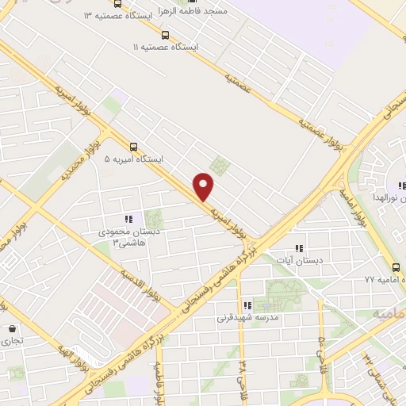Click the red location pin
coord(205,186)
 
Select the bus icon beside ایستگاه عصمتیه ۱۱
coord(165,36)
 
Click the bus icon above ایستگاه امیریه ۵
coord(133,147)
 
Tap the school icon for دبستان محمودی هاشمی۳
coord(128,218)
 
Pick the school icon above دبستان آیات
coord(298,247)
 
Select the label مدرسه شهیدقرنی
coord(247,317)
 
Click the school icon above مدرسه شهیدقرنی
coord(247,304)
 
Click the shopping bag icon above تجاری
coord(12,328)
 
